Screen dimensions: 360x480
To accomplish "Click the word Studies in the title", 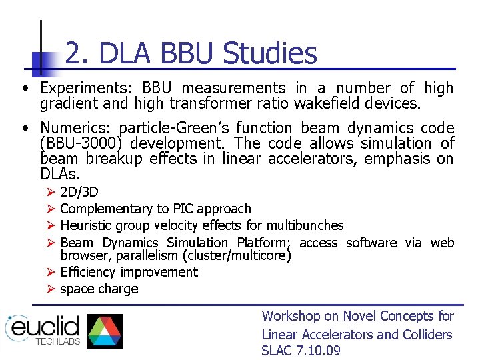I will pos(270,54).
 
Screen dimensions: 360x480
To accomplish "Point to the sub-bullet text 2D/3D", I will pos(79,192).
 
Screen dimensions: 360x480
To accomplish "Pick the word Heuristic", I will pos(89,226).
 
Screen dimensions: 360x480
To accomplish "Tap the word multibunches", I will pos(307,226).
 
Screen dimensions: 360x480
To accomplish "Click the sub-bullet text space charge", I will pos(99,289).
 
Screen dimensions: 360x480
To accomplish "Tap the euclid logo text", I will pos(44,328).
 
